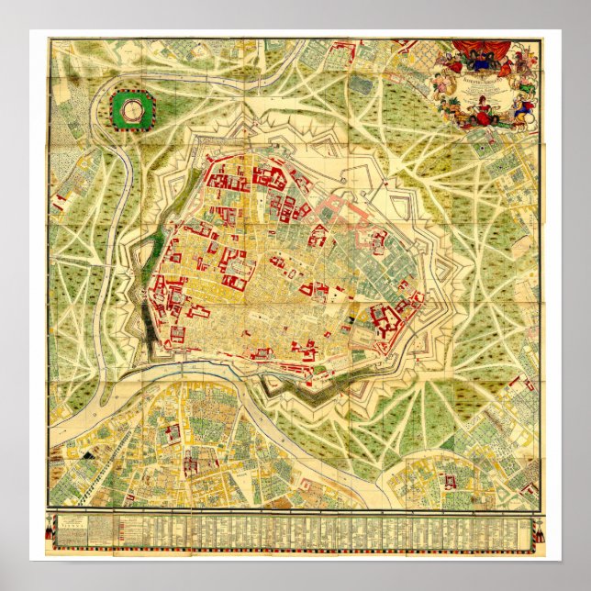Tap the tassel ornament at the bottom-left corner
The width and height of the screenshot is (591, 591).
click(x=50, y=532)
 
